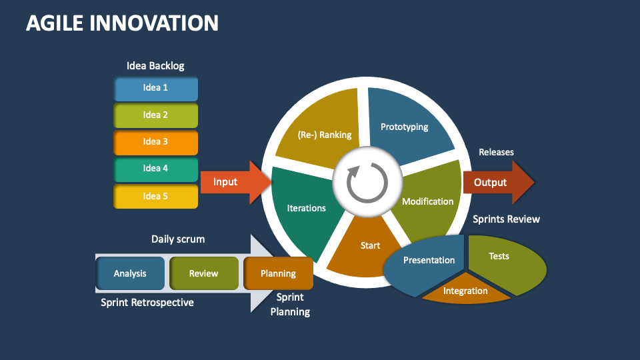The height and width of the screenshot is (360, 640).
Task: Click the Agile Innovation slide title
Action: click(122, 23)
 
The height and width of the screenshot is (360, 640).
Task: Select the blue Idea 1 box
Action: click(156, 88)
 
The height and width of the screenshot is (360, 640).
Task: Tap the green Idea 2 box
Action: click(156, 115)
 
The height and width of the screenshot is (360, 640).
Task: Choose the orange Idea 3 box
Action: click(156, 141)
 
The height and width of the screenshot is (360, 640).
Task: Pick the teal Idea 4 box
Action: click(156, 169)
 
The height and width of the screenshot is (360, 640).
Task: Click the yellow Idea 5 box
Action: click(156, 196)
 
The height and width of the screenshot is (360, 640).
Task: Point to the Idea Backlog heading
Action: click(155, 66)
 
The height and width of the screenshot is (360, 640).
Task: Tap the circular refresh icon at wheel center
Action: click(367, 181)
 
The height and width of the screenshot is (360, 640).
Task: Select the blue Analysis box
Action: click(130, 273)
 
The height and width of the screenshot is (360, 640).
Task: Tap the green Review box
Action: click(203, 273)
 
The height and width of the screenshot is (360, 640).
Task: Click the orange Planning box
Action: click(278, 273)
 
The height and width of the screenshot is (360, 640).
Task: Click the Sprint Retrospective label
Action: click(147, 303)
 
